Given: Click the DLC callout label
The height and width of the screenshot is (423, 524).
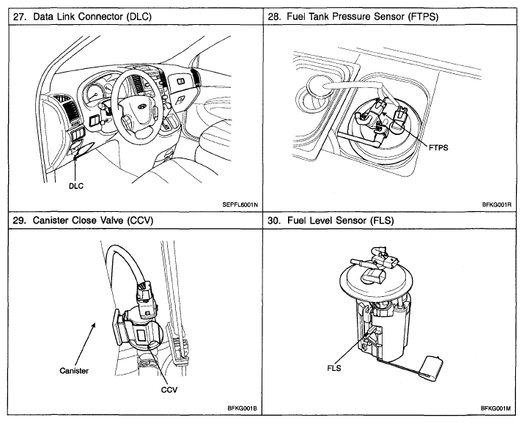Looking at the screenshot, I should tap(75, 186).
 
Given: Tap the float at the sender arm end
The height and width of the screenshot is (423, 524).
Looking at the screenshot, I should tap(435, 364).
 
